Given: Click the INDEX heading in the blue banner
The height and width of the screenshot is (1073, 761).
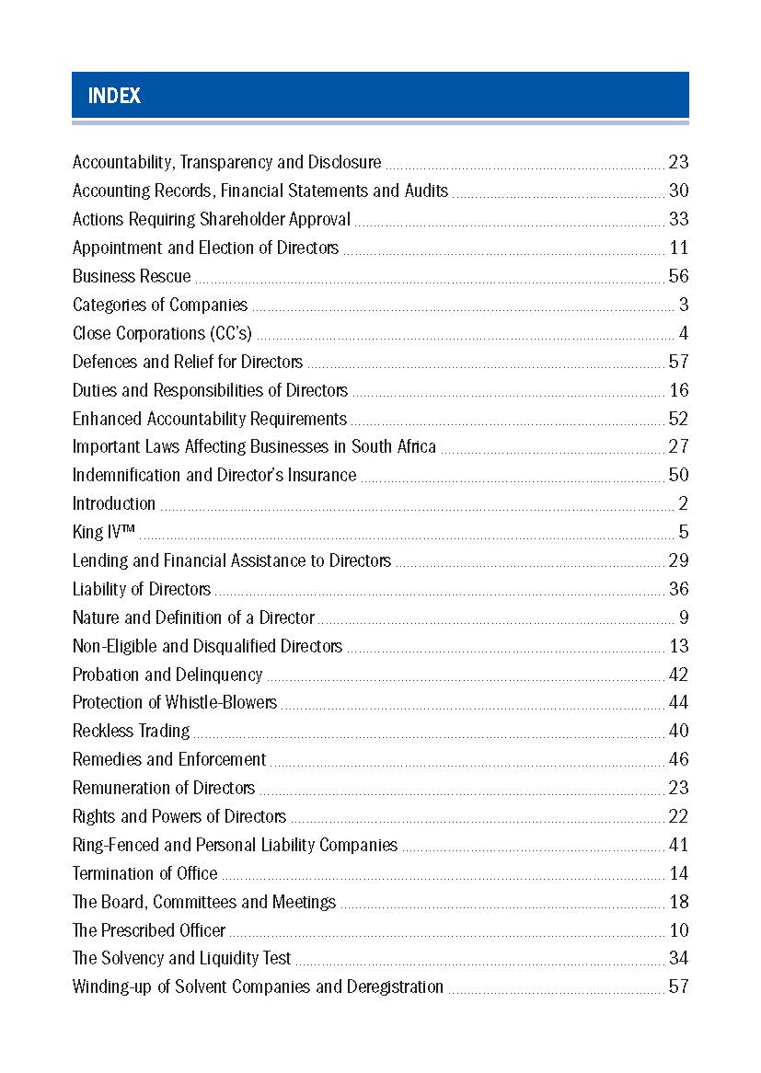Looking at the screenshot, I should coord(114,96).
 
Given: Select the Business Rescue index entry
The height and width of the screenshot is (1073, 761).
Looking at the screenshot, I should coord(132,276).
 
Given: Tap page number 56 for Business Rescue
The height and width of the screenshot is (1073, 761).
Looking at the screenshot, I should coord(678,276).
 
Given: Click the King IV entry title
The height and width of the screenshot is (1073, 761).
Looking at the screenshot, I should coord(104,532).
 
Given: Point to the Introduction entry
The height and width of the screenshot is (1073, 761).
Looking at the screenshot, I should coord(114,503).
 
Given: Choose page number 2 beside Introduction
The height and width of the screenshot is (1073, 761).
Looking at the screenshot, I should coord(683,503).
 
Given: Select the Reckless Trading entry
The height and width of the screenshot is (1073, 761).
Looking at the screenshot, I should coord(131,731).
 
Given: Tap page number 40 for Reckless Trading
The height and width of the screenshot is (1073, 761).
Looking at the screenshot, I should coord(678,731).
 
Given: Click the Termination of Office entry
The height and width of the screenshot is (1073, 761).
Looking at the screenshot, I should coord(145,873).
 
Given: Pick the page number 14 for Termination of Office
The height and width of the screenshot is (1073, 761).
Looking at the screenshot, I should coord(678,873).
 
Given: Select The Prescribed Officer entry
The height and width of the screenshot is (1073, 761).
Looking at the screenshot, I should coord(149,930).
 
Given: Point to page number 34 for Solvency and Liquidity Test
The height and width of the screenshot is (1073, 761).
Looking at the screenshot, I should coord(678,958).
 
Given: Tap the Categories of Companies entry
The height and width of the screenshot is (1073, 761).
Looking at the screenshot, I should coord(160,305).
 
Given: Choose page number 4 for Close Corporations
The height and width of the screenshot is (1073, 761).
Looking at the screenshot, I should coord(683,333).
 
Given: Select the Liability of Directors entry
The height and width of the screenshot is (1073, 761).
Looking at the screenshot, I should coord(142,589).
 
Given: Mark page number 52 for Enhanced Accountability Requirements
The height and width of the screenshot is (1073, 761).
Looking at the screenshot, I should coord(678,419).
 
